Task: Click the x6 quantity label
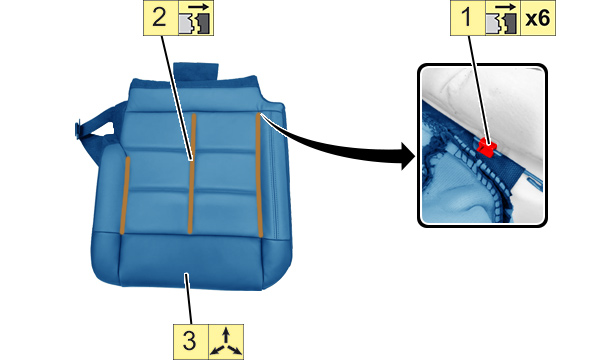[538, 18]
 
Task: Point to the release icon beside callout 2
[196, 18]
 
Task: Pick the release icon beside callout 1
[503, 18]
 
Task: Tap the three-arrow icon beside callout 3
[226, 342]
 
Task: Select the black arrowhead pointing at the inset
[408, 156]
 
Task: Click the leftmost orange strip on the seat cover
[124, 195]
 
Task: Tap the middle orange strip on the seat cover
[192, 173]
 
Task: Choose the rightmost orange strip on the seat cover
[259, 175]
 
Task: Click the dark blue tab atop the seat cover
[196, 72]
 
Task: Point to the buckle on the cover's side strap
[78, 129]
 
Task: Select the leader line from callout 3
[189, 298]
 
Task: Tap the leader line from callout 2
[176, 98]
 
